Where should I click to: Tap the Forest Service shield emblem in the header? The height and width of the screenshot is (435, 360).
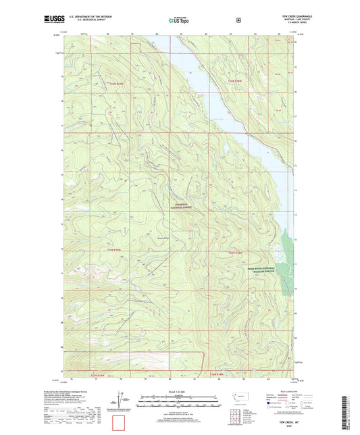pyautogui.click(x=238, y=20)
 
